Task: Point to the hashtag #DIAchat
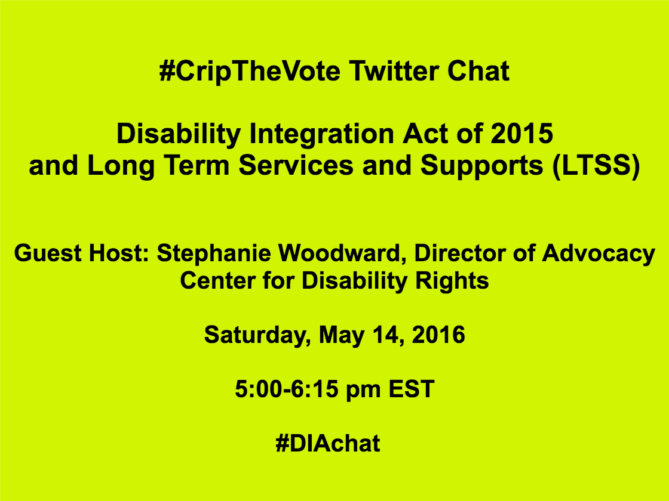(x=327, y=444)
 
